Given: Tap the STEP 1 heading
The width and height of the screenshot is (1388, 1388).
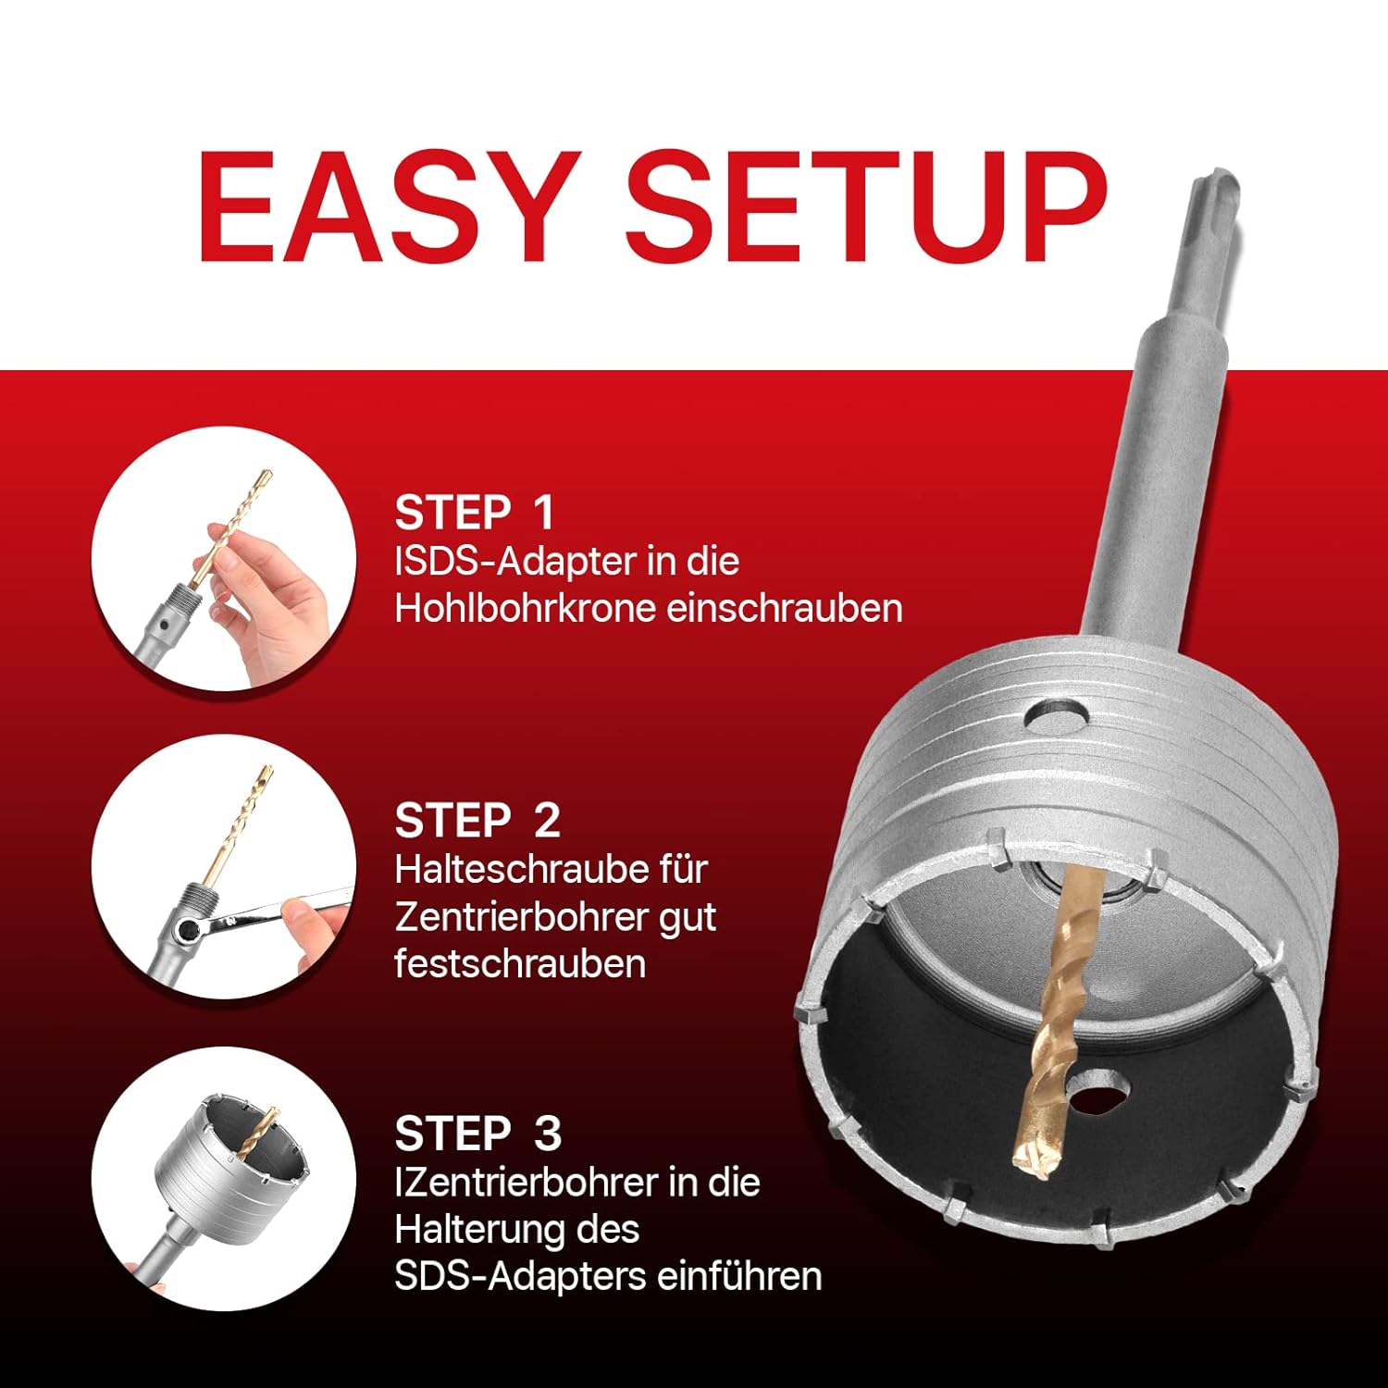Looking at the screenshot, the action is point(475,513).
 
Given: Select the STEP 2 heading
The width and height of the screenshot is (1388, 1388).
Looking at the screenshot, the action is point(477,821).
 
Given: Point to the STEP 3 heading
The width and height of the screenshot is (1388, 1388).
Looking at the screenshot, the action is point(478,1134).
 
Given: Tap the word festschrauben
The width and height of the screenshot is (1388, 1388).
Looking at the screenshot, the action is point(520,963).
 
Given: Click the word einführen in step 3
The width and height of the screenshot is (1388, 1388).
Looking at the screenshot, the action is point(739,1276).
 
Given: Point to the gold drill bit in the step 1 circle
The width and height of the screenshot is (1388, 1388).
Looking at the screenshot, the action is point(231,527).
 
